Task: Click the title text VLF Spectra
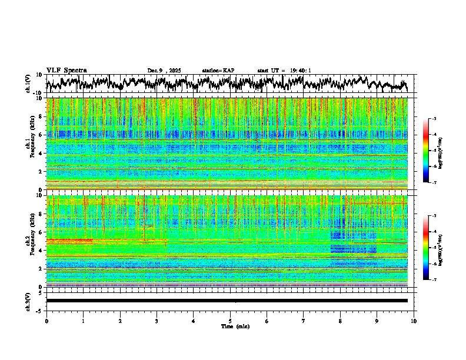(x=66, y=70)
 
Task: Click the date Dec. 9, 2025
(x=164, y=71)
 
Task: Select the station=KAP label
(x=218, y=71)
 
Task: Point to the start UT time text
(x=284, y=71)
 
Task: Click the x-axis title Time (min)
(x=235, y=326)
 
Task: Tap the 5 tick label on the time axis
(x=230, y=321)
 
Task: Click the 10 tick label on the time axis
(x=414, y=321)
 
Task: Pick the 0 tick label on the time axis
(x=46, y=321)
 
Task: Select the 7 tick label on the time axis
(x=304, y=321)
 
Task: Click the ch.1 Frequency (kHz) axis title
(x=30, y=144)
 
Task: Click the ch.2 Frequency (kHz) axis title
(x=30, y=241)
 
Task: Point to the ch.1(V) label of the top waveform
(x=28, y=84)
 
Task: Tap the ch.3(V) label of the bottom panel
(x=28, y=301)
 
